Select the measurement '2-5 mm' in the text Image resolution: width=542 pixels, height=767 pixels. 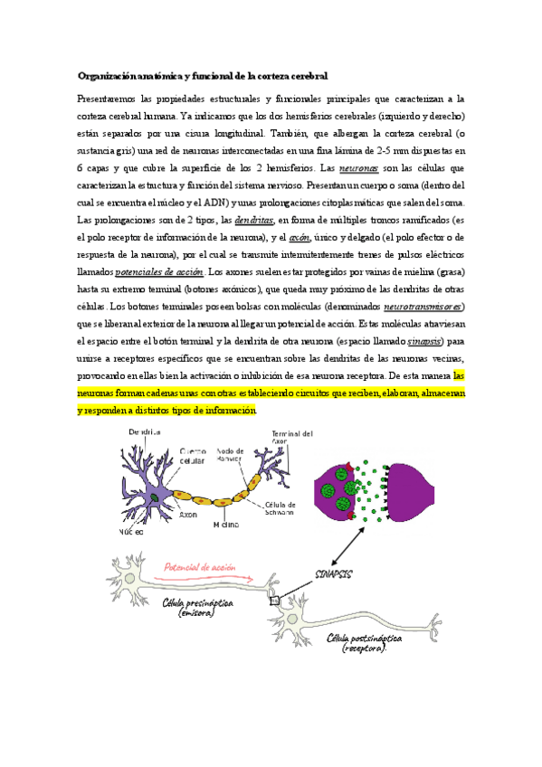(x=398, y=151)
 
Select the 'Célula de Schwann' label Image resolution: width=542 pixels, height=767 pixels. (x=283, y=509)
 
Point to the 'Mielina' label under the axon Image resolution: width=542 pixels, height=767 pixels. (x=226, y=524)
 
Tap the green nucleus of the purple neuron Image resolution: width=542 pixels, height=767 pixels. (x=156, y=497)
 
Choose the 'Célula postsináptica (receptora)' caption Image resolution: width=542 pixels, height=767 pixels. (x=366, y=643)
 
